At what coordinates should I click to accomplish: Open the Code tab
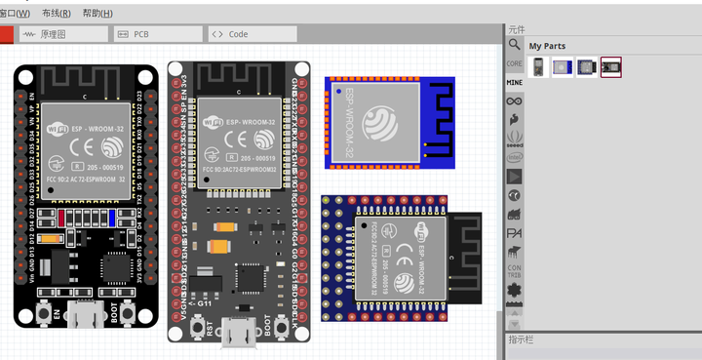tap(237, 34)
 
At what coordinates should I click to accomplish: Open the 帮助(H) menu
tap(97, 14)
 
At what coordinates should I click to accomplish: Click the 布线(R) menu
tap(58, 14)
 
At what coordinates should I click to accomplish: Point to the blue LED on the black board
tap(115, 217)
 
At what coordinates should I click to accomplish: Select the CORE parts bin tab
tap(514, 63)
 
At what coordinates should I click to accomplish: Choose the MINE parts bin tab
tap(514, 83)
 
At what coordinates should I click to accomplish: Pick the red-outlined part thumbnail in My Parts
tap(611, 67)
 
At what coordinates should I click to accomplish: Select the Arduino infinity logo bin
tap(514, 100)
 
